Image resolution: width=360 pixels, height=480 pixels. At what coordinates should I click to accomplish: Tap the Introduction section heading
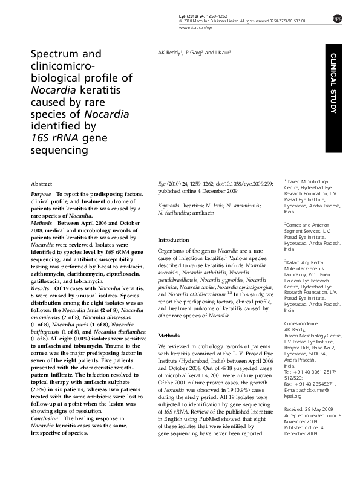pos(174,239)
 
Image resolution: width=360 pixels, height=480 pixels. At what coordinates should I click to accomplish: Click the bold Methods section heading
pos(168,334)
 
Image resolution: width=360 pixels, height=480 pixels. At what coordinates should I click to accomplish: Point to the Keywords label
pos(169,206)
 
